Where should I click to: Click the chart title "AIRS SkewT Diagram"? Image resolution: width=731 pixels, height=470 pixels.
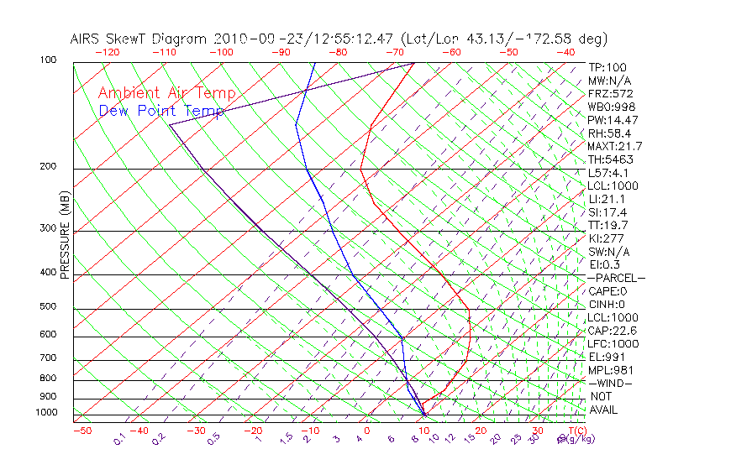click(139, 39)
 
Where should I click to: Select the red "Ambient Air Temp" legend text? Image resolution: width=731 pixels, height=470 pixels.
click(167, 94)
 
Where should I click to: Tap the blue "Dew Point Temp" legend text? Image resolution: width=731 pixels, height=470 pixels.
click(161, 111)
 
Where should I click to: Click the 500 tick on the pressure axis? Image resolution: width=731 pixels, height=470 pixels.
click(48, 307)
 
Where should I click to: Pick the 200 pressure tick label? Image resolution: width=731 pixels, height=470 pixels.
click(48, 167)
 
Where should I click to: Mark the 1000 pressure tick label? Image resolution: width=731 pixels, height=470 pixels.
click(45, 413)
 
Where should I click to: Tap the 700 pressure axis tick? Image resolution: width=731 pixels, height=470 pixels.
click(48, 358)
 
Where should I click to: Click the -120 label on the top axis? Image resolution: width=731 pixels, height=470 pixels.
click(108, 52)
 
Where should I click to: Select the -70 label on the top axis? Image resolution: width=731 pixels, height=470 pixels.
click(394, 52)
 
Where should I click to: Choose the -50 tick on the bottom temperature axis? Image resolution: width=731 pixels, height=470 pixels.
click(82, 431)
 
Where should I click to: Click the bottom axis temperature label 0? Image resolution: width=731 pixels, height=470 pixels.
click(367, 431)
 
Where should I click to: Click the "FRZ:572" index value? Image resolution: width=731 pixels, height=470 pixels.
click(611, 94)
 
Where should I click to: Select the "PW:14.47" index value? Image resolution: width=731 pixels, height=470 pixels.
click(613, 120)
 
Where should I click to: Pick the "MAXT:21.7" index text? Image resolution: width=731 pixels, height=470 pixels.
click(616, 147)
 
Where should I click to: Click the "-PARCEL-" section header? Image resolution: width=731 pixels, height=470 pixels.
click(616, 278)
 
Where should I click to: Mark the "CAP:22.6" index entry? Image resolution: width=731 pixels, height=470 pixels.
click(613, 331)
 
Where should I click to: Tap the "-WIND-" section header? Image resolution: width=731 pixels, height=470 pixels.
click(610, 383)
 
